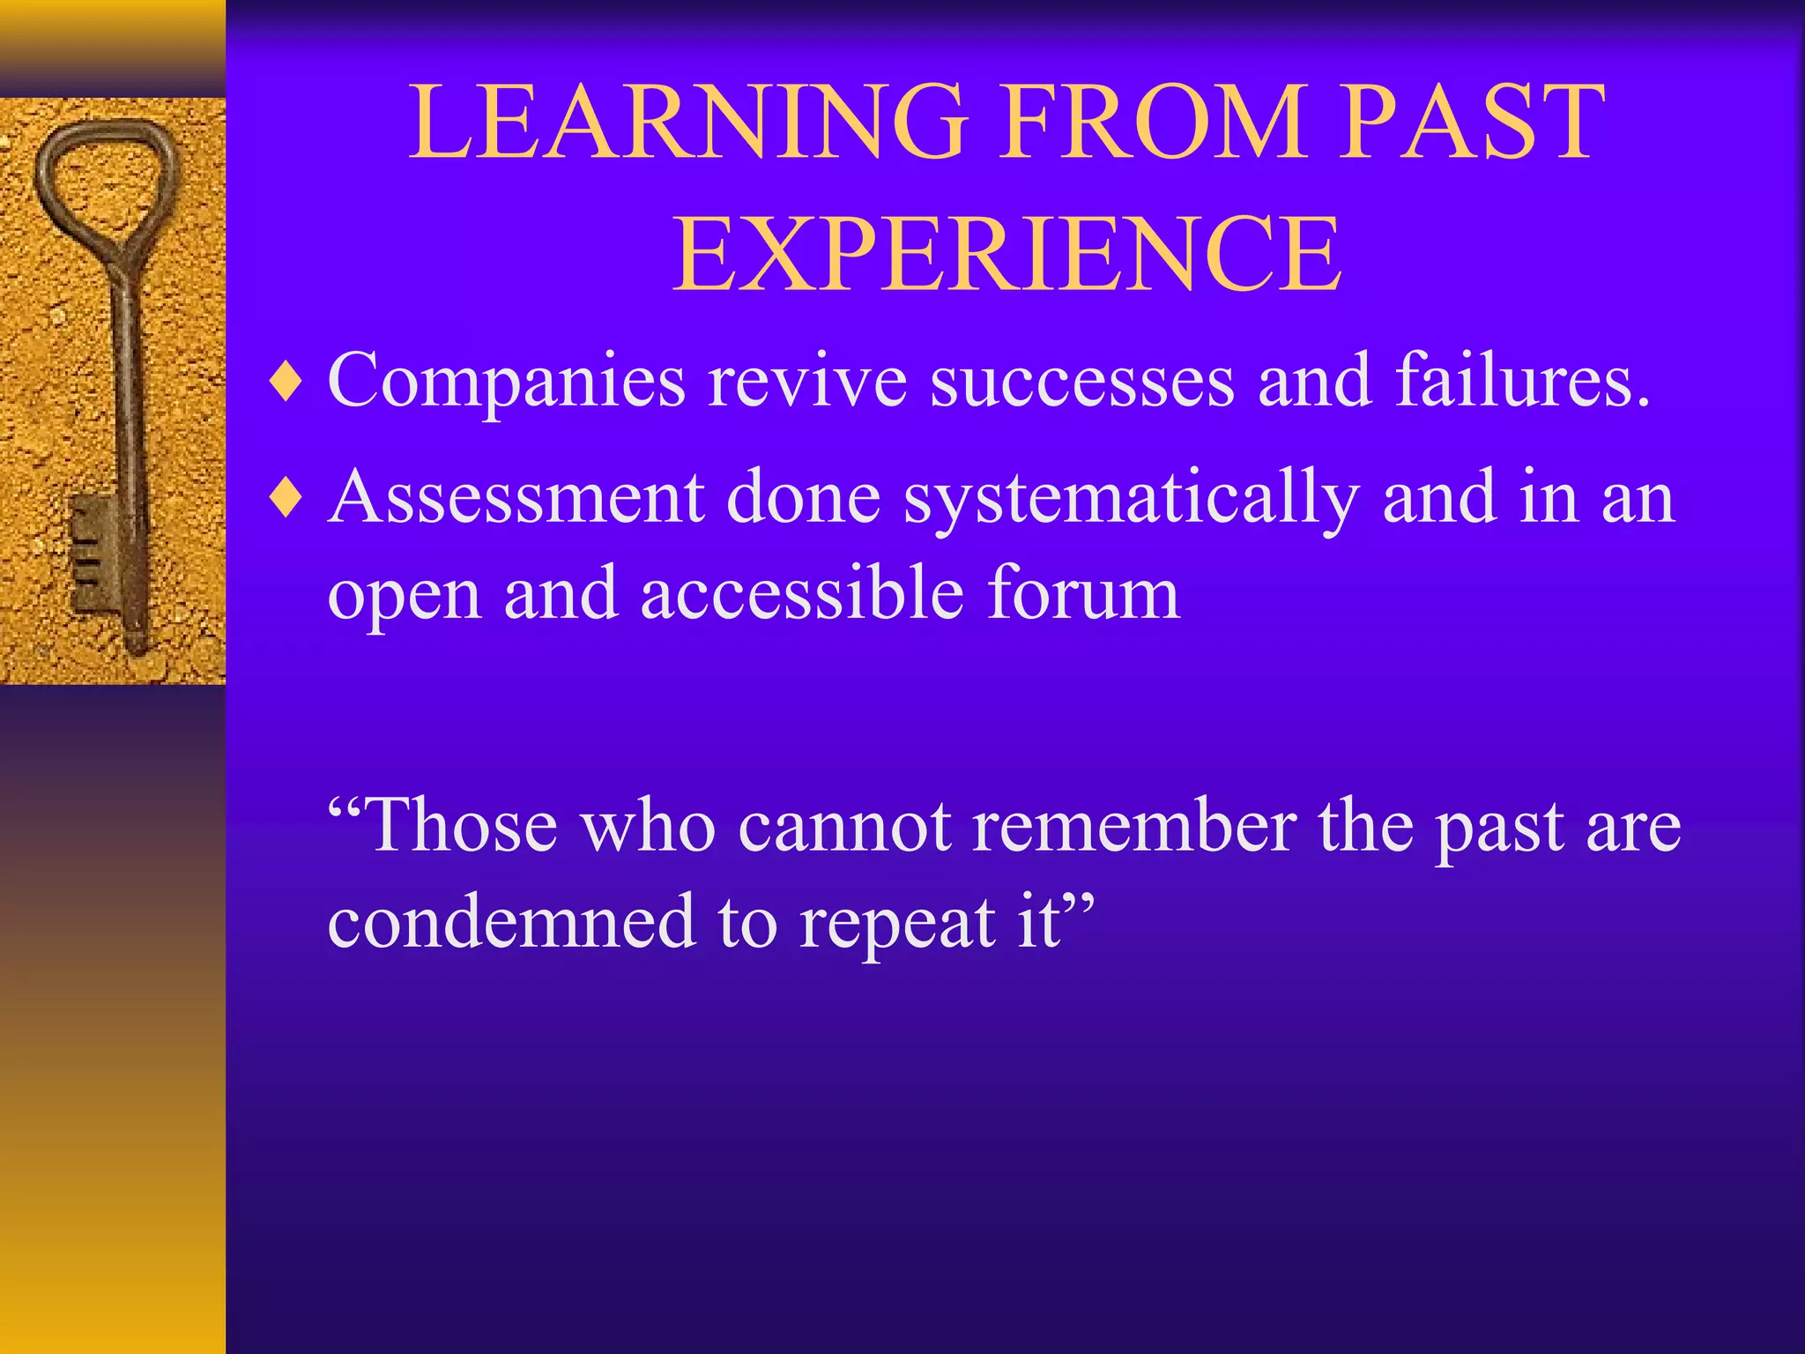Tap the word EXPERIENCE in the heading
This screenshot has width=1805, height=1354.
point(1006,256)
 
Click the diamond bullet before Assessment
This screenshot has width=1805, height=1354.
point(286,499)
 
